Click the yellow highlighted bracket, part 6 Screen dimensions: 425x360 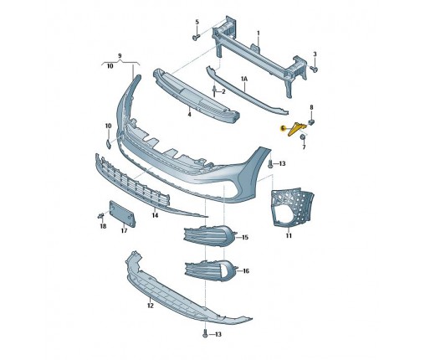295,129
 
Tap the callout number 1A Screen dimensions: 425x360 244,80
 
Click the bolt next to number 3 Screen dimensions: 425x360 315,69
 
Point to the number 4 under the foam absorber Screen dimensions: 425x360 189,115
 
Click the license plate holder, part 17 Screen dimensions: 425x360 122,213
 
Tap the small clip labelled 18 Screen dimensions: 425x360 100,215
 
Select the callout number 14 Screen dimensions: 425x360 155,215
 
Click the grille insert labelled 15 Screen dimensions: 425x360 209,236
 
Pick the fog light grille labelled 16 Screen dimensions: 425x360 211,269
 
